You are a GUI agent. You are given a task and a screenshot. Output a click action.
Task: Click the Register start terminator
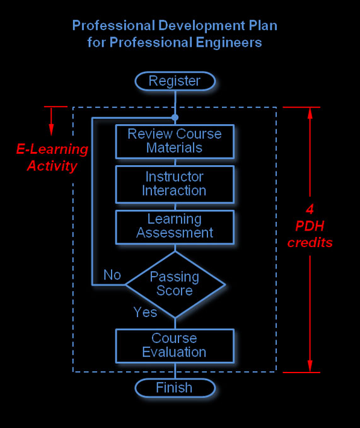175,81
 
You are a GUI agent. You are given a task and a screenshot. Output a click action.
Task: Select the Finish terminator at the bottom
175,388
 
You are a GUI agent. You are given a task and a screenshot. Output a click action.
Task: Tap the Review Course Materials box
175,141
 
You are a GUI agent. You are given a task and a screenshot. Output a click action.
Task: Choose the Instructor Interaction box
175,183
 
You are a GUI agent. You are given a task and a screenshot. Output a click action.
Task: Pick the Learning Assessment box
175,226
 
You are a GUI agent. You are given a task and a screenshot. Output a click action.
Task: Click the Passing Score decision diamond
175,284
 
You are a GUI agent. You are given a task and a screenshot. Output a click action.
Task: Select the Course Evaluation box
175,345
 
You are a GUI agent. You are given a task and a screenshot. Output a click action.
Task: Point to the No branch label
112,275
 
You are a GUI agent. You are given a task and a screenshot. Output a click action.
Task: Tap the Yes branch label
145,312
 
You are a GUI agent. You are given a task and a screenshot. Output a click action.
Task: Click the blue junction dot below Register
175,117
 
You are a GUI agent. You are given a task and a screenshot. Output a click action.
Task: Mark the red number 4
310,209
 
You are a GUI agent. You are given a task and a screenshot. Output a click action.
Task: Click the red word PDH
310,226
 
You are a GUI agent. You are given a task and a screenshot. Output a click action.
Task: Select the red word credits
310,243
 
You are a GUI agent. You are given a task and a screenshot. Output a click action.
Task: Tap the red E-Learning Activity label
52,158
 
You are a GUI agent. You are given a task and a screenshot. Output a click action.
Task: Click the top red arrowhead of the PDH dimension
310,113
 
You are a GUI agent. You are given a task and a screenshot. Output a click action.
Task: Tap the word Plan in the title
263,26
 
